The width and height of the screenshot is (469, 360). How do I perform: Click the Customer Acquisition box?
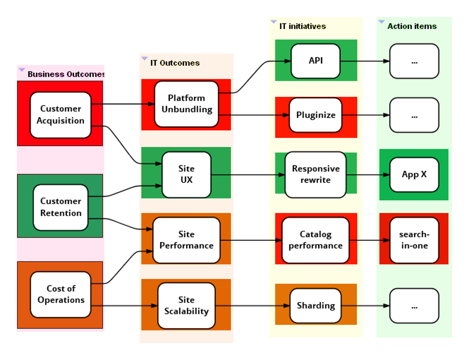60,115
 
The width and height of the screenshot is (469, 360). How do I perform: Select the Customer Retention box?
60,207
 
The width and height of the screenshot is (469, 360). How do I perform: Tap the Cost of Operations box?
60,294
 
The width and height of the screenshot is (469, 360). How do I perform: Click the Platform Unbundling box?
186,104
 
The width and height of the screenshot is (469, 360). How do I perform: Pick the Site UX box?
186,174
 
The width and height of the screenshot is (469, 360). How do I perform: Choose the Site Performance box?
186,240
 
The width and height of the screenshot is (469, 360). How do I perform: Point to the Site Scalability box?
186,305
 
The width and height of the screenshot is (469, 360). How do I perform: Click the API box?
315,61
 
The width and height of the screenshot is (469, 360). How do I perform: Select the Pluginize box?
315,115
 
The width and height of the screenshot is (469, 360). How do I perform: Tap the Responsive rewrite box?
315,174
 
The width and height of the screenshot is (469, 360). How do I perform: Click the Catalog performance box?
315,240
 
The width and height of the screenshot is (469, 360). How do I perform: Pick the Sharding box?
315,305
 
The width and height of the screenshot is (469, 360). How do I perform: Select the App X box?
414,174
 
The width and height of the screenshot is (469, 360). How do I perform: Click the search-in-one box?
414,240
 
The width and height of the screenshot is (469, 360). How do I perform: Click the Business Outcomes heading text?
66,74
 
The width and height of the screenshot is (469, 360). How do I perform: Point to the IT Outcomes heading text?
175,63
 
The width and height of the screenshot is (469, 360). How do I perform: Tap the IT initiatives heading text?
302,26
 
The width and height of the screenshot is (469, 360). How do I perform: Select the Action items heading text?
412,26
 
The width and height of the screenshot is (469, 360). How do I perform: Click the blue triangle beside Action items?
381,22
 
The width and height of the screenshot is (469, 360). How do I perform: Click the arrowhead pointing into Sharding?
287,305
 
